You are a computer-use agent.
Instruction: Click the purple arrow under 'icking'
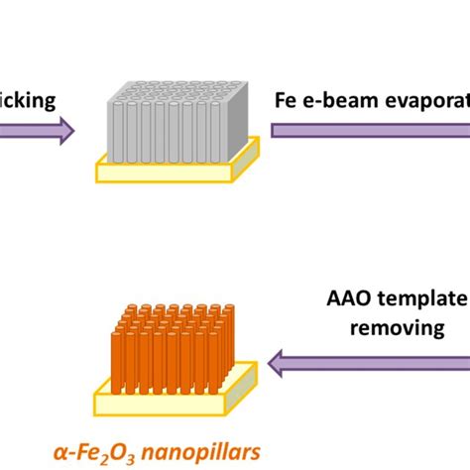tap(35, 130)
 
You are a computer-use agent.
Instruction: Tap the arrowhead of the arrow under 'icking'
tap(63, 130)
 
